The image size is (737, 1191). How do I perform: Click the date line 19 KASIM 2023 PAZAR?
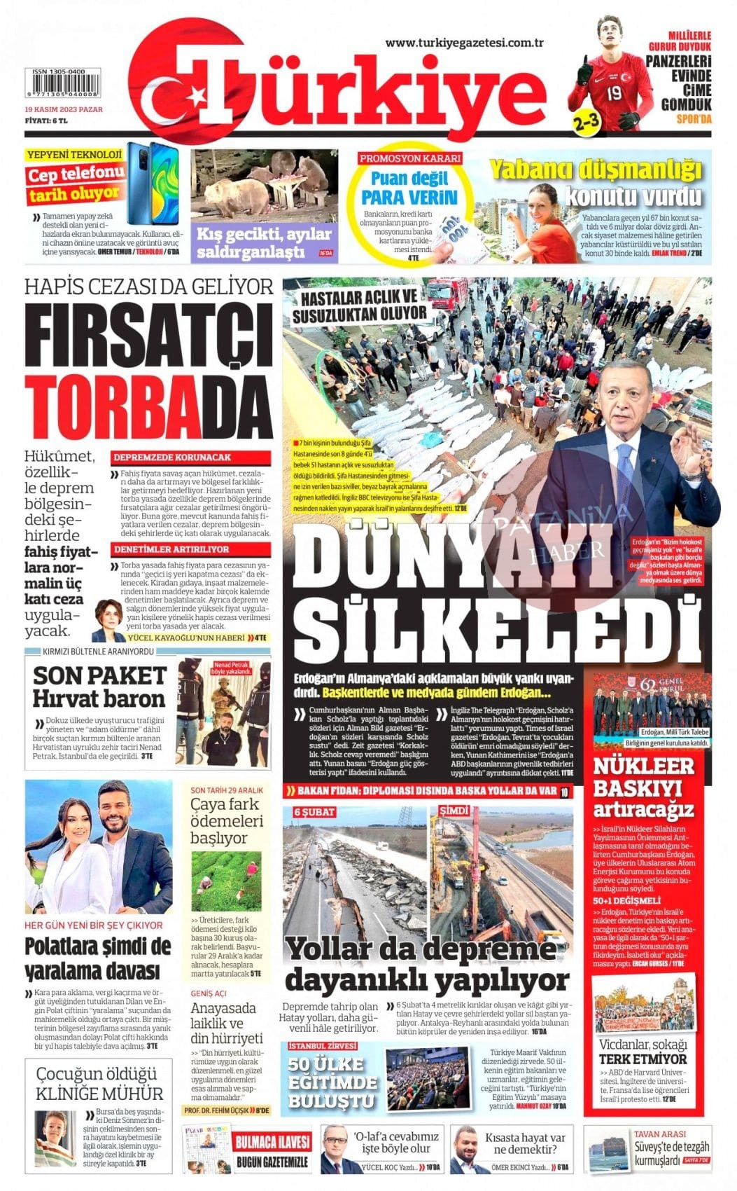(64, 110)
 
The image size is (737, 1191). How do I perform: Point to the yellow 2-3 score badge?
(586, 121)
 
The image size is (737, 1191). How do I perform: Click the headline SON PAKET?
(99, 675)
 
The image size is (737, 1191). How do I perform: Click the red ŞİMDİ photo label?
(454, 811)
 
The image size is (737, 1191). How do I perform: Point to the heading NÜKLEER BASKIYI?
(643, 777)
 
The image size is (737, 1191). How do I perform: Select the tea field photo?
(226, 881)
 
